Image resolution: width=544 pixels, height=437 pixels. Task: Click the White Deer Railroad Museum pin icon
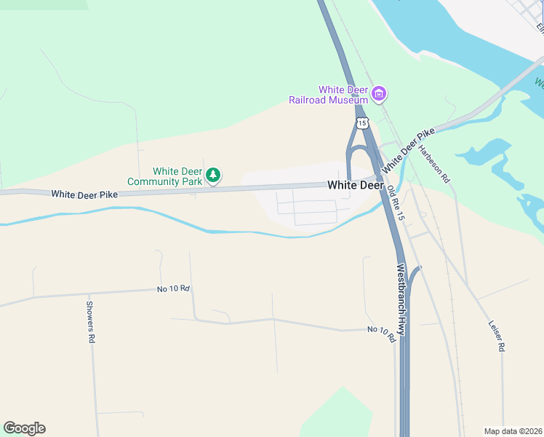pyautogui.click(x=378, y=93)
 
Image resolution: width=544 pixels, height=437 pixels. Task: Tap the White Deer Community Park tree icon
pyautogui.click(x=213, y=175)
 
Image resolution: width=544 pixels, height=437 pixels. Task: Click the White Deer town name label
pyautogui.click(x=355, y=186)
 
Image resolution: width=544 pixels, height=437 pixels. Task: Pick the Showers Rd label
pyautogui.click(x=90, y=322)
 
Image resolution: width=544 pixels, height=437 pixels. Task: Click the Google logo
pyautogui.click(x=24, y=428)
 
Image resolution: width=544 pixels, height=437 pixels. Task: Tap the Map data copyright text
pyautogui.click(x=513, y=430)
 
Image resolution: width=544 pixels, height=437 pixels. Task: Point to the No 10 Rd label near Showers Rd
pyautogui.click(x=173, y=289)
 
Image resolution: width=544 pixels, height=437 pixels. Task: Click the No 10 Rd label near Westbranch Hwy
pyautogui.click(x=381, y=334)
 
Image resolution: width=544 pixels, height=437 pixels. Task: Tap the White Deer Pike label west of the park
pyautogui.click(x=84, y=194)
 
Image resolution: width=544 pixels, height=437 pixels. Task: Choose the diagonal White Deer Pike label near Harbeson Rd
pyautogui.click(x=408, y=149)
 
